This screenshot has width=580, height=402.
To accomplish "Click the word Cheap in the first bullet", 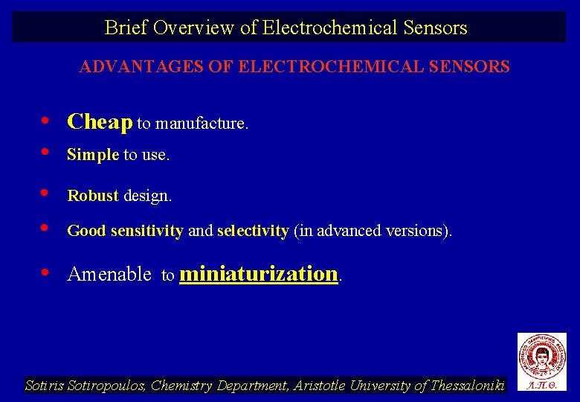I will tap(100, 122).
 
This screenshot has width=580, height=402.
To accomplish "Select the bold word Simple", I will tap(93, 155).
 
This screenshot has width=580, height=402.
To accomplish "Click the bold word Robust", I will tap(93, 196).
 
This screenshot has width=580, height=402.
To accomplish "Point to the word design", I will tap(147, 196).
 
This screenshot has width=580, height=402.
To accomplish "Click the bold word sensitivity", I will tap(146, 231).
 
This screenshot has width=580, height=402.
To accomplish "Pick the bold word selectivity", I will tap(253, 231).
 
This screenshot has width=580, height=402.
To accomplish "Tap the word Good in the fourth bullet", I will tap(86, 231).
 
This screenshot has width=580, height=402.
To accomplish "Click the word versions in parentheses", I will tap(418, 231).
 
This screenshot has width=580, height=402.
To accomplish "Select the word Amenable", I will tap(109, 274).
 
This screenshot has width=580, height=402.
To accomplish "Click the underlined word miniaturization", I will tap(259, 273).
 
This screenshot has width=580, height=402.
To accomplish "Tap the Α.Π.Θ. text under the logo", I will tap(541, 386).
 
